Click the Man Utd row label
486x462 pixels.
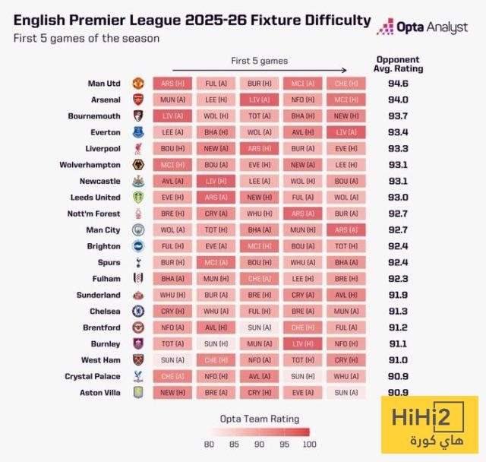[104, 83]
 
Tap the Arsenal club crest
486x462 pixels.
[137, 100]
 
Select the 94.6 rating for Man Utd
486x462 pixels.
[399, 83]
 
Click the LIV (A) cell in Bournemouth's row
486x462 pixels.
[172, 115]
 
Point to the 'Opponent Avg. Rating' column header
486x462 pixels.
[399, 65]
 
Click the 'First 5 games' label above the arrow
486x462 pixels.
[259, 61]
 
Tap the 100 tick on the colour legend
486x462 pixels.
[307, 445]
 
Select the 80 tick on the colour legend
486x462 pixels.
[210, 445]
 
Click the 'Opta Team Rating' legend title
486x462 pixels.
[259, 419]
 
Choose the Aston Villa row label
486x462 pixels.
[99, 393]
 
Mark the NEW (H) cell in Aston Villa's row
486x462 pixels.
[172, 393]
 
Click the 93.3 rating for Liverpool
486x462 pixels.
[399, 148]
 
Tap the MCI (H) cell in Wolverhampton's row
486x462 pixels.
[172, 165]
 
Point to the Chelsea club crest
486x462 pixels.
[137, 312]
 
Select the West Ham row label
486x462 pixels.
[100, 360]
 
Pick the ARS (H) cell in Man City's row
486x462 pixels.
[346, 229]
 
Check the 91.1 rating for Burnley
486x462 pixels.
[399, 343]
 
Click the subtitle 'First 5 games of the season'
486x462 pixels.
[87, 39]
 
